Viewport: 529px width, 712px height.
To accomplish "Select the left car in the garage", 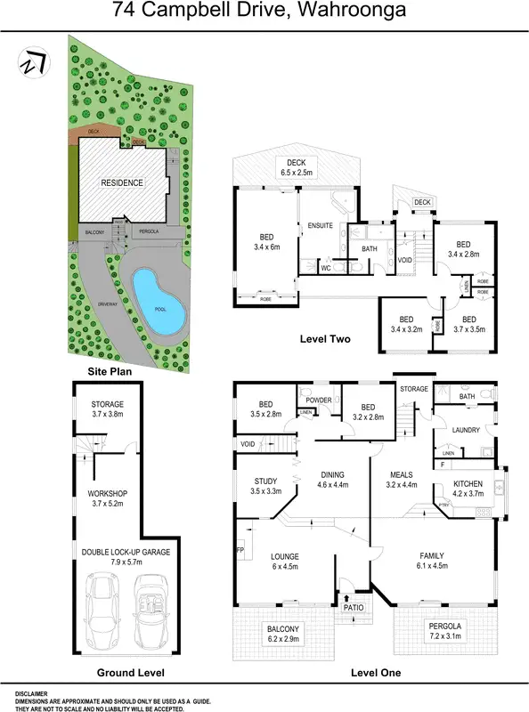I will pyautogui.click(x=102, y=613).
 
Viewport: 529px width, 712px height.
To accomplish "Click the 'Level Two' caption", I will pyautogui.click(x=326, y=339).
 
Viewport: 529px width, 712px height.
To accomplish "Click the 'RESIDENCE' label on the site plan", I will pyautogui.click(x=121, y=183).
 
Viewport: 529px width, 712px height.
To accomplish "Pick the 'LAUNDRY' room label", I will pyautogui.click(x=466, y=430).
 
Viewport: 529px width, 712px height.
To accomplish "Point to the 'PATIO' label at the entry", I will pyautogui.click(x=355, y=609).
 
